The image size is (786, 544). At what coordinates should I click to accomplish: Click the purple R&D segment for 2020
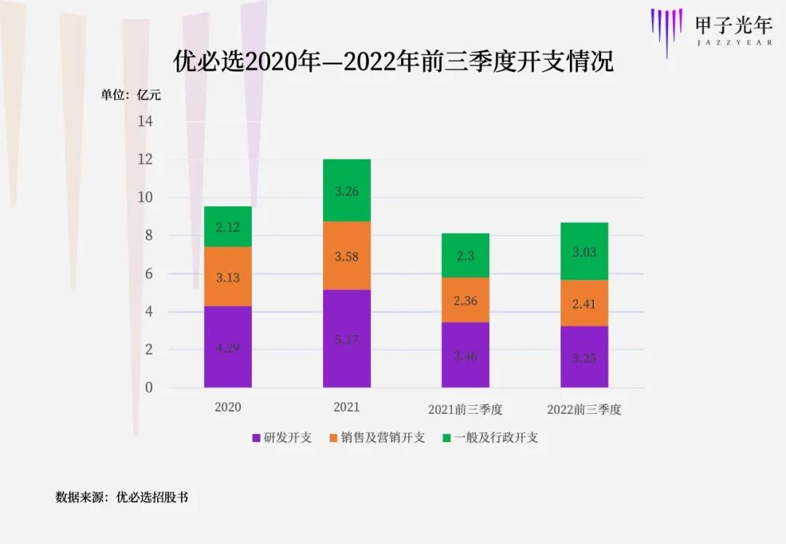(228, 346)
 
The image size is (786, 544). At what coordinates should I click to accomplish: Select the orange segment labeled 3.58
(346, 256)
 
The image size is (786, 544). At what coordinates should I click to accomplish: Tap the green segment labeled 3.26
(346, 191)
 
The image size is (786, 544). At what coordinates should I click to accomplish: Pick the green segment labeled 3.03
(584, 252)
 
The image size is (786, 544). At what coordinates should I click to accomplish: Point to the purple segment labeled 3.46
(465, 355)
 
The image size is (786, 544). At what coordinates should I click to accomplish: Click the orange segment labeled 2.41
(584, 303)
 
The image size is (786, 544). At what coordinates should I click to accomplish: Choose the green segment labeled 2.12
(228, 227)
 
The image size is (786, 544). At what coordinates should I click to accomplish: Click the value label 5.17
(346, 339)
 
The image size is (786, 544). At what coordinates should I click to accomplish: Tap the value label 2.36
(465, 300)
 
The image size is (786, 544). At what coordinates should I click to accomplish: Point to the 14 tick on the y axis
(146, 121)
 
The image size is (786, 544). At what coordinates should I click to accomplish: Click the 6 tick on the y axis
(148, 274)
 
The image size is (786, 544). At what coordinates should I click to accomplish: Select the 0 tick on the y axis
(148, 388)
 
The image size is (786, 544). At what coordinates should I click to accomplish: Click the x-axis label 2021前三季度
(465, 409)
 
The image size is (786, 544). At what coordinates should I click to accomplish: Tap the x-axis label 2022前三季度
(584, 409)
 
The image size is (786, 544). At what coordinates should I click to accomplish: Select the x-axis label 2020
(228, 407)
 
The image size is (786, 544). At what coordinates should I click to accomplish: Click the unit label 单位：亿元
(131, 95)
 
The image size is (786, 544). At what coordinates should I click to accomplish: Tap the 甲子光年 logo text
(733, 26)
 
